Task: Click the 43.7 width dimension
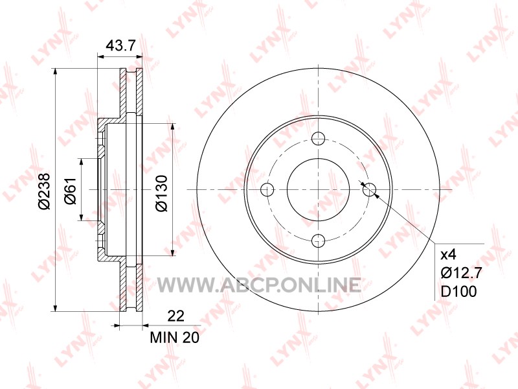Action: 120,45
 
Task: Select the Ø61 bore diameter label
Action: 71,191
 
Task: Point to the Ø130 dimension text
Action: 161,193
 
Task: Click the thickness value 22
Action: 175,316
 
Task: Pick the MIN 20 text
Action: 175,337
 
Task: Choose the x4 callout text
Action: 449,255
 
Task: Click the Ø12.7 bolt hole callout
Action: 462,273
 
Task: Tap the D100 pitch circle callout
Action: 459,292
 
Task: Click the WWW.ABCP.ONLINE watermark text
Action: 259,285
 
